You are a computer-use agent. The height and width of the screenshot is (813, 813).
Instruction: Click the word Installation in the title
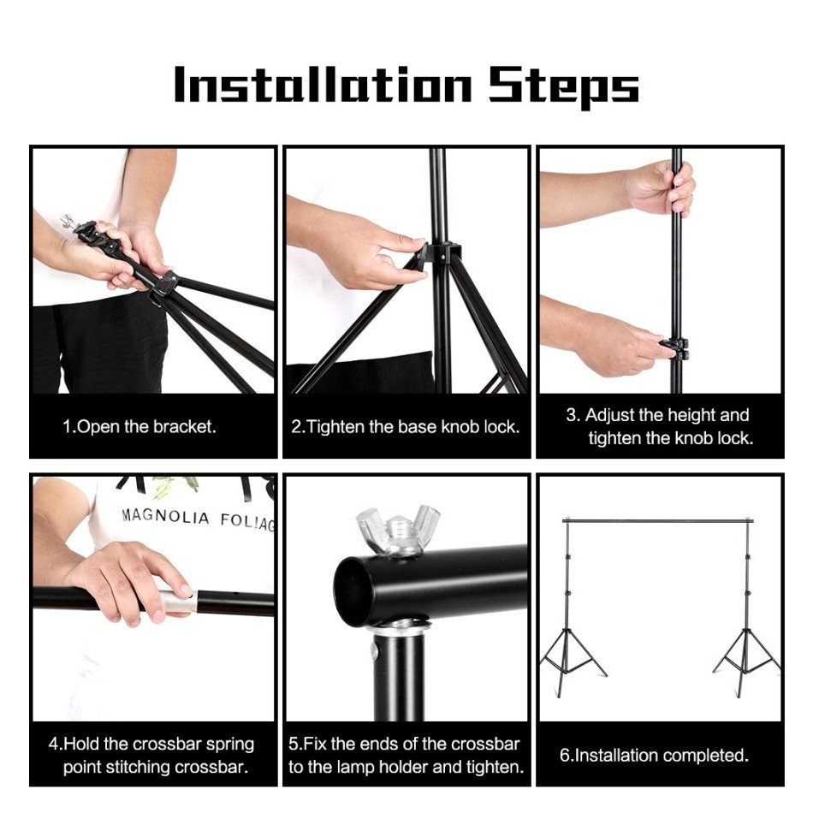pos(323,84)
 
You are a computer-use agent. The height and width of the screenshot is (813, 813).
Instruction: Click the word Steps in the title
pos(564,86)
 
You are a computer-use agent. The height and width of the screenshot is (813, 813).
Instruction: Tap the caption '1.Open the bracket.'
pos(139,427)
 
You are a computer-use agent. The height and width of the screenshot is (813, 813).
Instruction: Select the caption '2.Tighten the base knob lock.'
pos(406,427)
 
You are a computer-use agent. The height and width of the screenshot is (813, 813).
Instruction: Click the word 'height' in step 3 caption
pos(691,415)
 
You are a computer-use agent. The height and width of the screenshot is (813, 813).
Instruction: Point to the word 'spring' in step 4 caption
pos(230,745)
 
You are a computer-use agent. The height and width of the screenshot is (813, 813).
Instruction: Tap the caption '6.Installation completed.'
pos(655,755)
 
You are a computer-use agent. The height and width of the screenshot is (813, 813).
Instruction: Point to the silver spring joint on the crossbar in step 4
pos(179,602)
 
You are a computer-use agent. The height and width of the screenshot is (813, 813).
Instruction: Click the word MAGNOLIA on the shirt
pos(165,516)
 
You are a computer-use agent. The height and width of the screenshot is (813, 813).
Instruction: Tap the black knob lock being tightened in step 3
pos(674,348)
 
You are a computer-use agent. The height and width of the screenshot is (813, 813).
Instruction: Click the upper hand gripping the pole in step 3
pos(660,187)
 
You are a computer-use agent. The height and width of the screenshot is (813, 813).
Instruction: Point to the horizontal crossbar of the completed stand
pos(657,519)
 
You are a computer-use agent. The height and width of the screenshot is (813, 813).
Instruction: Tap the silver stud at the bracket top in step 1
pos(67,221)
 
